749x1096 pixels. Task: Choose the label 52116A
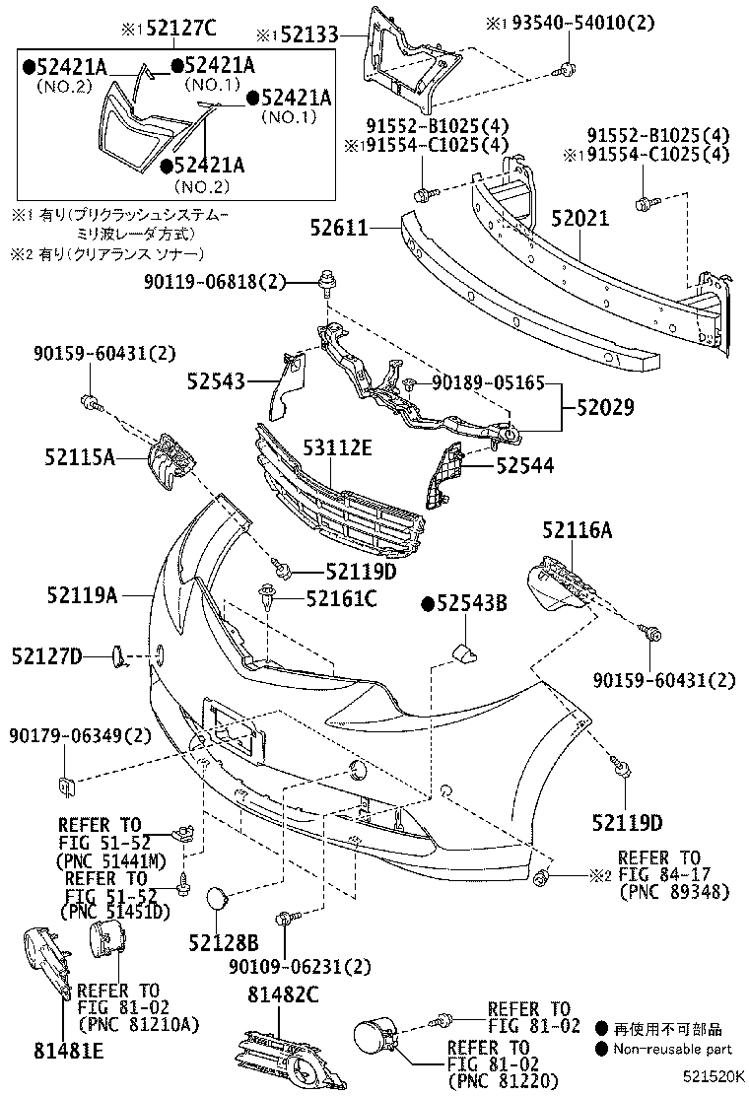click(x=577, y=531)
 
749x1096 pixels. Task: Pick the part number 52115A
click(x=79, y=456)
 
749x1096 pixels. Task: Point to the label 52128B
click(x=224, y=943)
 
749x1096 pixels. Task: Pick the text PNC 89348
click(x=674, y=892)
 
